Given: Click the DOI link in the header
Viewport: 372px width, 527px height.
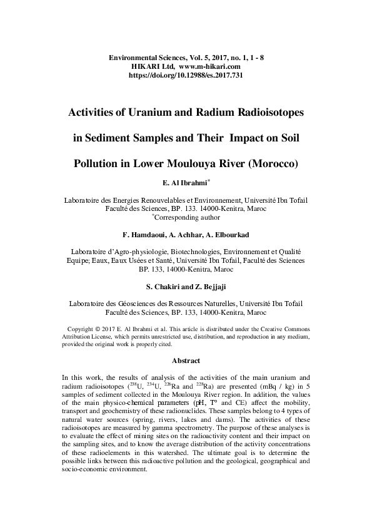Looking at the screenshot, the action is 186,74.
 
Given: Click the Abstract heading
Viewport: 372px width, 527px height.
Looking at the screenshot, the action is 186,361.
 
